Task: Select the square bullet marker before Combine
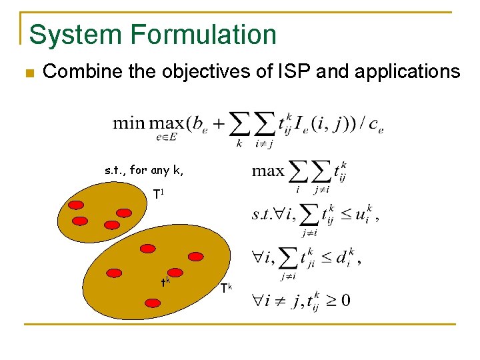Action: coord(28,72)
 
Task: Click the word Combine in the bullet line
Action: coord(81,71)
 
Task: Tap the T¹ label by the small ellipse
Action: coord(158,194)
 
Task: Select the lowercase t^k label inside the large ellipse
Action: coord(165,281)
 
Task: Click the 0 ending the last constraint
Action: coord(345,299)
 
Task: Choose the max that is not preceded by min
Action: coord(268,171)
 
